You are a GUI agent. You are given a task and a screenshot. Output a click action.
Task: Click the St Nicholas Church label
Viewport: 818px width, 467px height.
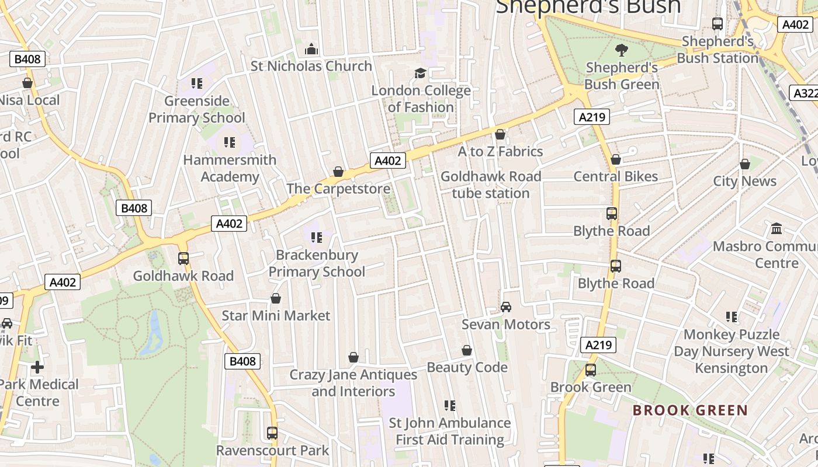[x=311, y=66]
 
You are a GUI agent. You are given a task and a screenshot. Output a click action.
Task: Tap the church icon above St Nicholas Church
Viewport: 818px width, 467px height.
[x=311, y=48]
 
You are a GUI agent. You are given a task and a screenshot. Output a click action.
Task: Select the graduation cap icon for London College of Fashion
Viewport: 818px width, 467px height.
[x=420, y=73]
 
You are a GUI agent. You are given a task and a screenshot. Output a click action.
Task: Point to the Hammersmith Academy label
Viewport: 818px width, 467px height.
[x=230, y=168]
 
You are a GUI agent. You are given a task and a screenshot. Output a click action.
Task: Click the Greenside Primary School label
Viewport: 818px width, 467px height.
[x=197, y=109]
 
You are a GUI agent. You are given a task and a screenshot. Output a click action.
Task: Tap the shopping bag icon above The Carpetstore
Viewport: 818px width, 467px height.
[x=338, y=172]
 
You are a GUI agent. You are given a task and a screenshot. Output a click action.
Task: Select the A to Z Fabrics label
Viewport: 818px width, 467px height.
[x=500, y=152]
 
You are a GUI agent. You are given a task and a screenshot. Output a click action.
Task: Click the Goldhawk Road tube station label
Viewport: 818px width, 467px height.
[x=491, y=184]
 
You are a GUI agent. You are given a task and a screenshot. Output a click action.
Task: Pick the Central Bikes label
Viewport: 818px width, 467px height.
[x=615, y=176]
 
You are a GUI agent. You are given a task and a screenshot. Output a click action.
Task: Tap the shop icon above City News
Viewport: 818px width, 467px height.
[x=744, y=164]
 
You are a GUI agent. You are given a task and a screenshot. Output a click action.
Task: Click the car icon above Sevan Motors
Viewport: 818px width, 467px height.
[x=506, y=307]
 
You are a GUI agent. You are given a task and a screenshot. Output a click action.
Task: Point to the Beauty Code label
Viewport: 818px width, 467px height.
[x=467, y=367]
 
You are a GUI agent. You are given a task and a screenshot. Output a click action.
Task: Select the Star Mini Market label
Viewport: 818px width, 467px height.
[x=276, y=316]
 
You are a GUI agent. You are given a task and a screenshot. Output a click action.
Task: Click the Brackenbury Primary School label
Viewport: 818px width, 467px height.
[x=317, y=263]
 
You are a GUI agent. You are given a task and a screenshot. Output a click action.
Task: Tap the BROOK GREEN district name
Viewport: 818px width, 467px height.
[x=690, y=410]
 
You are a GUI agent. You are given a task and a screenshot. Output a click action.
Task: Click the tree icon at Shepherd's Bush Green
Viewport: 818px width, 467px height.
[x=622, y=50]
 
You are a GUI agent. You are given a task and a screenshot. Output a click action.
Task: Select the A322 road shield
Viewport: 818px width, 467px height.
[x=804, y=93]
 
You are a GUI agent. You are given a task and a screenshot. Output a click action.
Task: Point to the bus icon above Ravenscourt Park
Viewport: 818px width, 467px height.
[x=272, y=433]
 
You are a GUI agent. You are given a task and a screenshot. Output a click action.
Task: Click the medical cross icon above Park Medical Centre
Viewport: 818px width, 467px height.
[x=37, y=367]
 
